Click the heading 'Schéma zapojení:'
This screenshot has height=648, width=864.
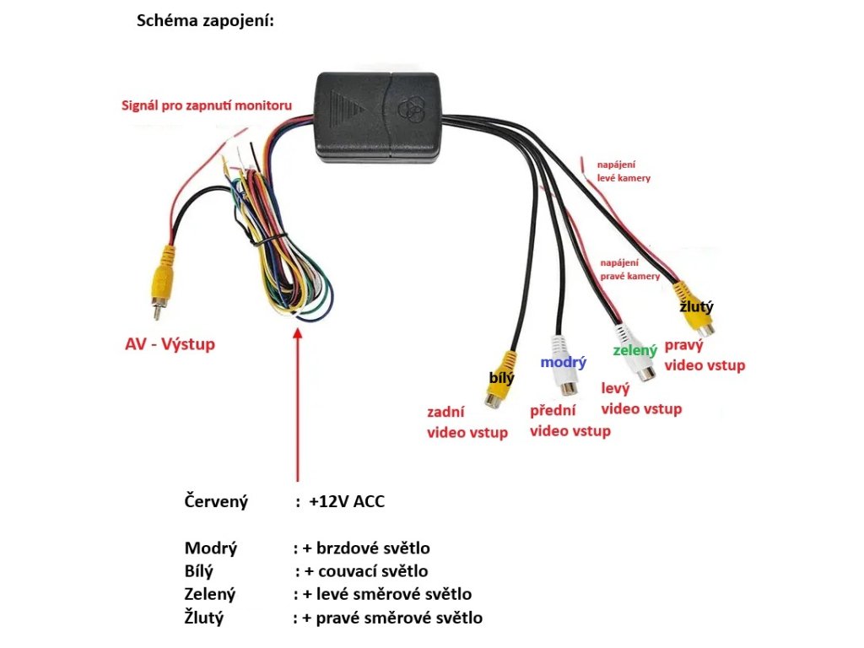click(x=205, y=21)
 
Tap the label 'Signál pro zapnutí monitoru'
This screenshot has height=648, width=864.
click(x=207, y=105)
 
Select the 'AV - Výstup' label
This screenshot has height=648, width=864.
click(x=170, y=344)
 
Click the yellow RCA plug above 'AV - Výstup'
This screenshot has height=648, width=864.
click(x=162, y=281)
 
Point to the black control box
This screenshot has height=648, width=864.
click(x=379, y=116)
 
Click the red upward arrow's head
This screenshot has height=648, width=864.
click(x=298, y=334)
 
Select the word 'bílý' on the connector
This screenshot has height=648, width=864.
click(x=501, y=377)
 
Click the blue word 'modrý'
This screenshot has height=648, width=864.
click(x=563, y=363)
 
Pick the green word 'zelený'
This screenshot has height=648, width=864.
click(x=635, y=350)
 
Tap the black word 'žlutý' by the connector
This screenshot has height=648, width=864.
click(x=696, y=306)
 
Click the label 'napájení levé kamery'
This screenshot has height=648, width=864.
click(x=624, y=170)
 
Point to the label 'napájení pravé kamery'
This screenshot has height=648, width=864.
click(x=629, y=269)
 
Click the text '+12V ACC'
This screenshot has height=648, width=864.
click(x=347, y=501)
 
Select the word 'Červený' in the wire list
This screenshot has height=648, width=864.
click(x=216, y=502)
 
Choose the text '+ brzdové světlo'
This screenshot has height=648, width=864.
click(x=366, y=548)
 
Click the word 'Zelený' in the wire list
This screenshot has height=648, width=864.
click(x=210, y=594)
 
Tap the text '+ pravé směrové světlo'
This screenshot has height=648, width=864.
click(x=392, y=618)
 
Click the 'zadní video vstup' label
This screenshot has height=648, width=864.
click(x=467, y=422)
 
